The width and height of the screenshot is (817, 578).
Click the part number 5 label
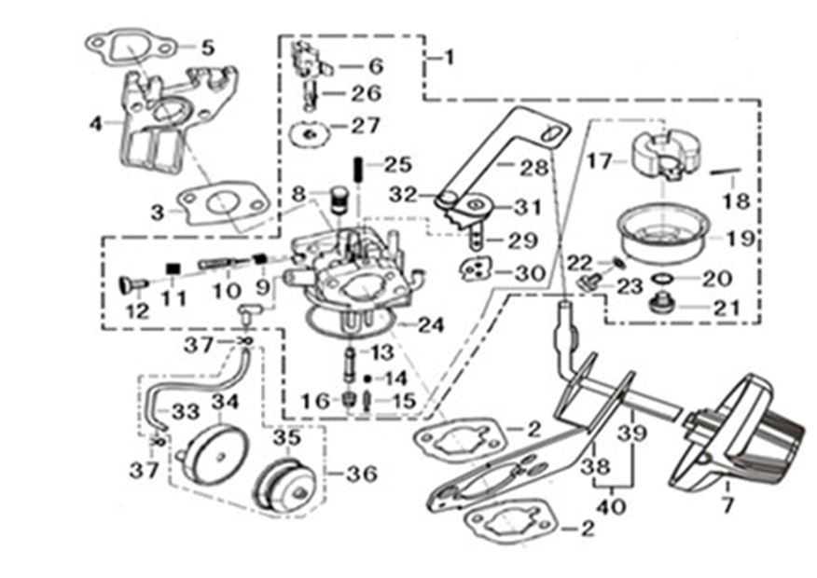coord(207,47)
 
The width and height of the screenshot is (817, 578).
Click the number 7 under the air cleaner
coord(727,506)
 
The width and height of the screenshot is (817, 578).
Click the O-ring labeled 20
coord(660,279)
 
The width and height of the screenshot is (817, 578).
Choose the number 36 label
coord(361,474)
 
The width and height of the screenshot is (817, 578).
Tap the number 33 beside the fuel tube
coord(186,410)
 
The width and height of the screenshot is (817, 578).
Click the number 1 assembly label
coord(449,58)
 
